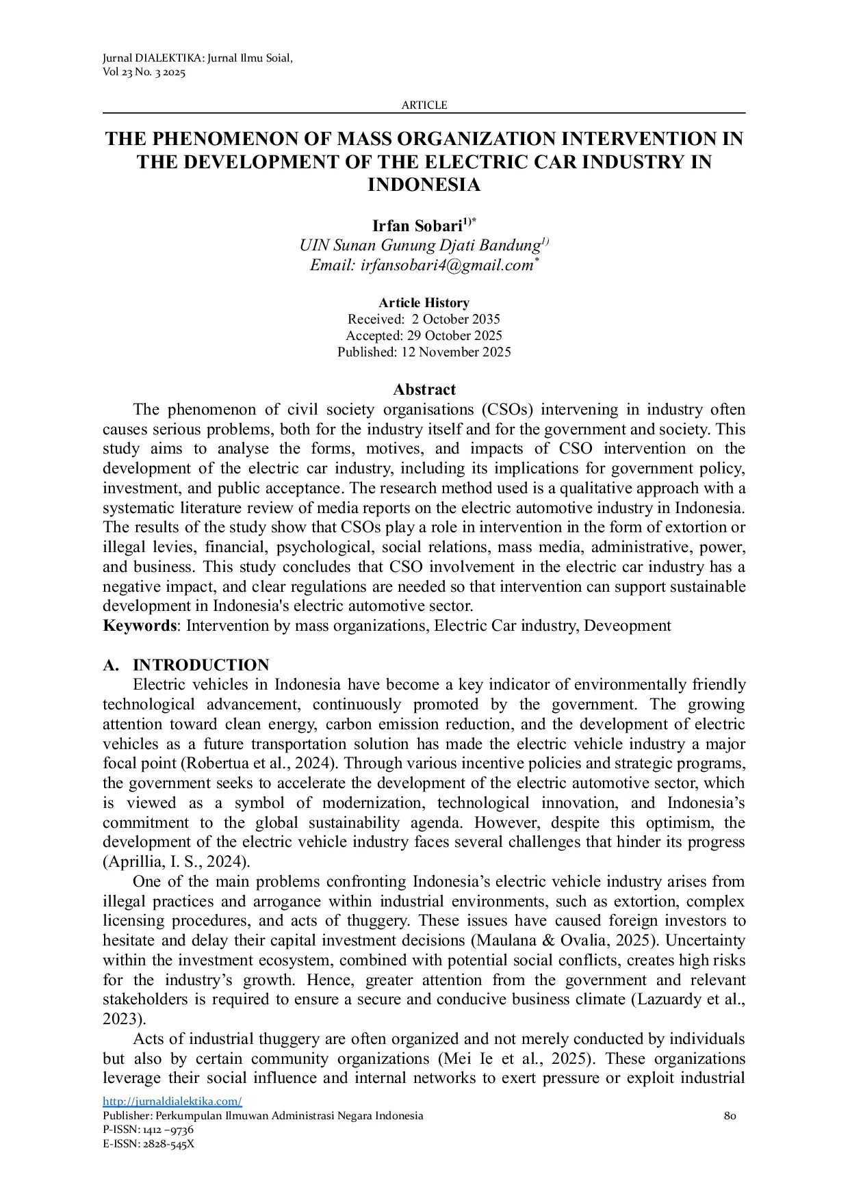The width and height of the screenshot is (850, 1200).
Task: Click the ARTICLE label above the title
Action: [424, 105]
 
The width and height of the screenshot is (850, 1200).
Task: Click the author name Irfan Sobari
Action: [417, 226]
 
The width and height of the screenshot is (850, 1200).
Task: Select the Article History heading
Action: [424, 303]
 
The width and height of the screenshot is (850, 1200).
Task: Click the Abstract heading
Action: [424, 390]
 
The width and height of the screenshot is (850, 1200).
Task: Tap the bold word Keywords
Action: [140, 626]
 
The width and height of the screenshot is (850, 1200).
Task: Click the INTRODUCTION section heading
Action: [201, 666]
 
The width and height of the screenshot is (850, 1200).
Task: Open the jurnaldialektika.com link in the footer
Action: [172, 1101]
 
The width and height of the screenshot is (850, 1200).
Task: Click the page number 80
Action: [730, 1116]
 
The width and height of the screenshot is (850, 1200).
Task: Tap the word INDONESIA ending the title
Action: [424, 185]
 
